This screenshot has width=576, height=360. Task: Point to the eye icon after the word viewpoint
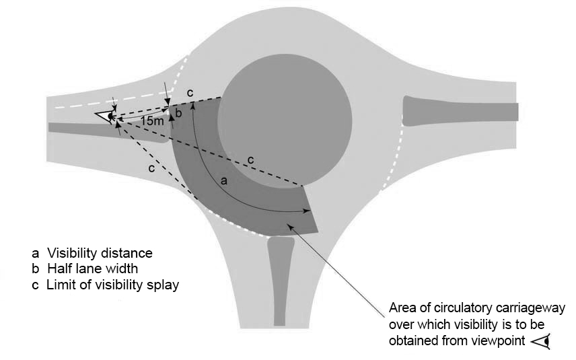tap(540, 342)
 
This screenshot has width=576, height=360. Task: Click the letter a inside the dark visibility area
tap(224, 182)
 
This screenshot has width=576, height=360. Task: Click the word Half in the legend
tap(59, 269)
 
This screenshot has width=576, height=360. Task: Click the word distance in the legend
tap(128, 254)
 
